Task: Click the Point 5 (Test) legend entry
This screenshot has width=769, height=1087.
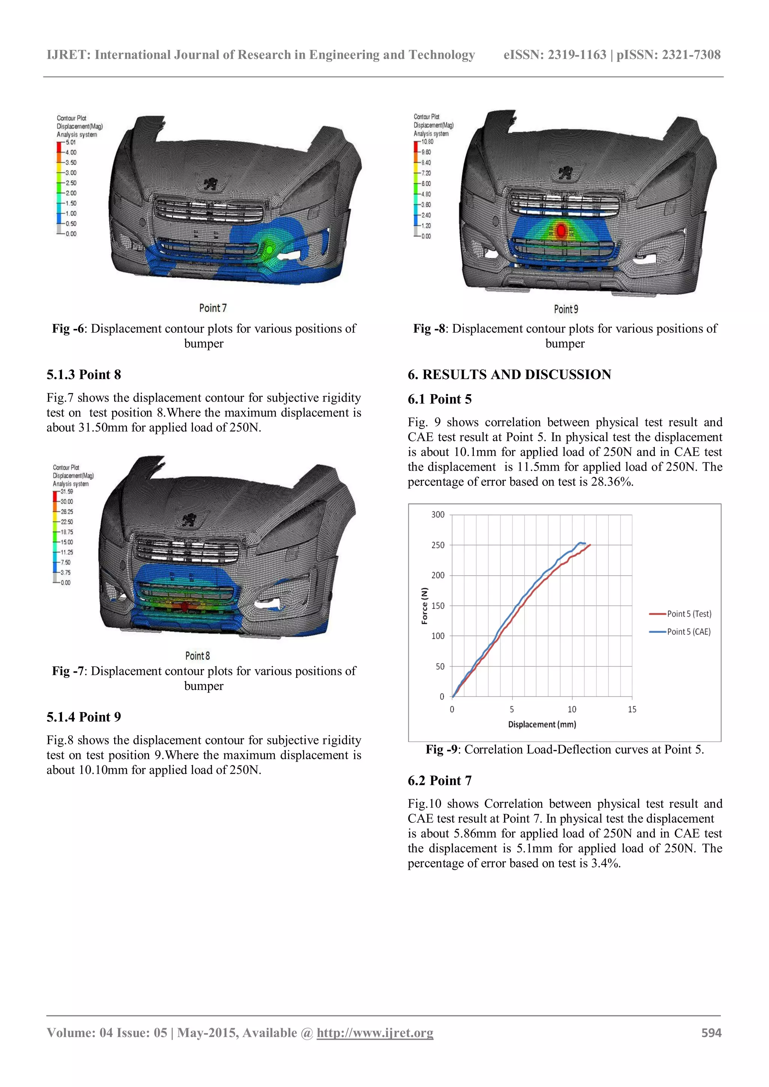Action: point(689,614)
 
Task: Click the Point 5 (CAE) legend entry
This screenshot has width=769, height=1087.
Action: point(689,632)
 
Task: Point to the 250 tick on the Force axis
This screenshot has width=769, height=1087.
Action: point(438,545)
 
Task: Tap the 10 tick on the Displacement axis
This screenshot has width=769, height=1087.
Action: point(572,709)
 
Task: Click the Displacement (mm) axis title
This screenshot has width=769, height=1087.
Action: point(542,724)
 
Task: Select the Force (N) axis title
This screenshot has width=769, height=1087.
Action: point(425,605)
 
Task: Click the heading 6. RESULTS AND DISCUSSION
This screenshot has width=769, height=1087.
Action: point(510,375)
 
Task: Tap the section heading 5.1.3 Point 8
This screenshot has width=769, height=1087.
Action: point(84,375)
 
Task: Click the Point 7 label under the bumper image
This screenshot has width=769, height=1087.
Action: point(213,308)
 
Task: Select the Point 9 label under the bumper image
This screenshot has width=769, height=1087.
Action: point(566,309)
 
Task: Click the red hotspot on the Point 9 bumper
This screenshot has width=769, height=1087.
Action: point(561,230)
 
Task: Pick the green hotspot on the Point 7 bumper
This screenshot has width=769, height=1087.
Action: point(269,249)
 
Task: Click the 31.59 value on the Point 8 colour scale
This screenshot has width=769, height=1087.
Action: point(66,491)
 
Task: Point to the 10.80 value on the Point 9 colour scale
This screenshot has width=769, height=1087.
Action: point(427,142)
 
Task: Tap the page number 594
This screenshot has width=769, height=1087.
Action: point(711,1033)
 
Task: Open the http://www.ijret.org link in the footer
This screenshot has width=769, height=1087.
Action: point(375,1033)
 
